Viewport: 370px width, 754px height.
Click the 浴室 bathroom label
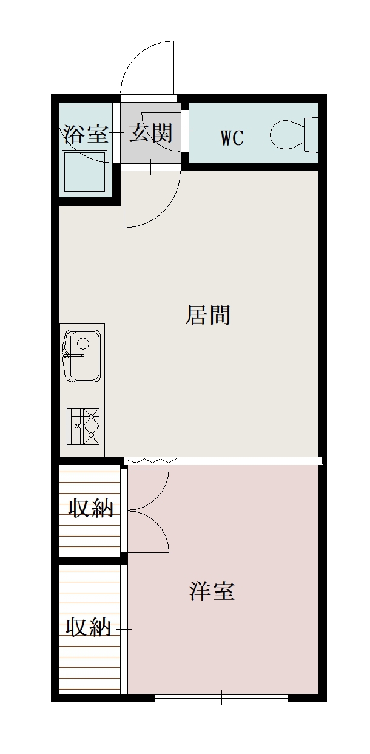point(86,134)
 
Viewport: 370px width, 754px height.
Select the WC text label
point(232,138)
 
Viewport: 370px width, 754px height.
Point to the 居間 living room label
point(208,315)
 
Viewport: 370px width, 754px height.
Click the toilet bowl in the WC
point(288,135)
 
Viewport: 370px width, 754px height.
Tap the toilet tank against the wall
point(311,134)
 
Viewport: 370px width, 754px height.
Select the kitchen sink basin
point(82,356)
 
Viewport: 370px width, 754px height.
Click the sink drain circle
point(83,344)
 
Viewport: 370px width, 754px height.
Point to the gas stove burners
point(84,426)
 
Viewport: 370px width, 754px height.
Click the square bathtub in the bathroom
point(85,172)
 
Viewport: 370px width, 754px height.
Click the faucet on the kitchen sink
point(73,355)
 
